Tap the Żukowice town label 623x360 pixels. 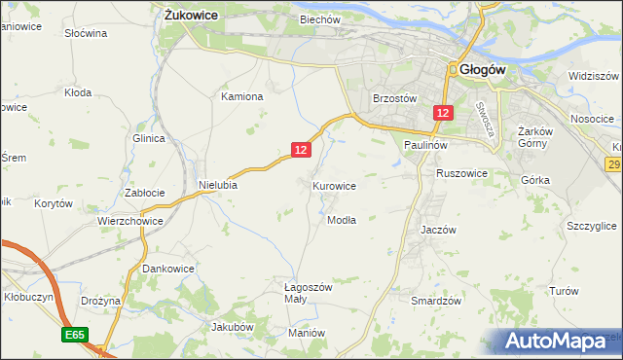click(x=191, y=16)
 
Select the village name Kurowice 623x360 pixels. click(x=334, y=185)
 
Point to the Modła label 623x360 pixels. click(x=342, y=220)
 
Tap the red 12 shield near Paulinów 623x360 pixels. click(x=443, y=114)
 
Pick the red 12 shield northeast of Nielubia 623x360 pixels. click(x=301, y=149)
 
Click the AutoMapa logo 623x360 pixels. click(x=556, y=342)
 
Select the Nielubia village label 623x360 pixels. click(x=218, y=184)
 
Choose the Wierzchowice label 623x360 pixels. click(x=129, y=221)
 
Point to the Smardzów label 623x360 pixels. click(x=435, y=302)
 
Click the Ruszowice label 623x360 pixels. click(x=461, y=173)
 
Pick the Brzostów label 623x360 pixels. click(x=395, y=98)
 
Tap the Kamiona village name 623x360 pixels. click(x=242, y=97)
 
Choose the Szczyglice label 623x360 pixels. click(x=591, y=226)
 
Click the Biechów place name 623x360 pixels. click(x=319, y=19)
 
